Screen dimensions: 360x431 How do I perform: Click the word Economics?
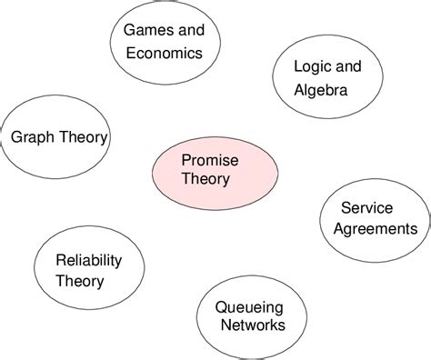[163, 54]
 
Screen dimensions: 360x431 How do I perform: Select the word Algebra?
[320, 90]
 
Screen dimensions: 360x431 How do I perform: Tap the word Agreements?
[375, 228]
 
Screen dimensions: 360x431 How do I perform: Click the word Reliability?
[88, 260]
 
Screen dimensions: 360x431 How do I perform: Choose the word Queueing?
[249, 306]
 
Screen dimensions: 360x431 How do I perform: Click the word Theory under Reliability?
[80, 281]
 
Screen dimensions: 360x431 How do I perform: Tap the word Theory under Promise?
[205, 179]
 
